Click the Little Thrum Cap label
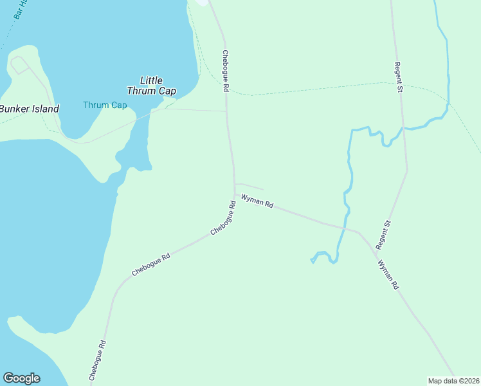point(151,86)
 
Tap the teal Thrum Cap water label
point(105,106)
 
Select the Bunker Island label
point(29,109)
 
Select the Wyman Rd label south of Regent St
point(389,275)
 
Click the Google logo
point(21,378)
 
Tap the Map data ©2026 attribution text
point(453,381)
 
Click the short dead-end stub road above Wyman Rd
point(250,186)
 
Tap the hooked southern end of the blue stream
point(313,261)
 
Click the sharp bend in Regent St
point(406,170)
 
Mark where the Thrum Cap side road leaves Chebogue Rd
point(226,111)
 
